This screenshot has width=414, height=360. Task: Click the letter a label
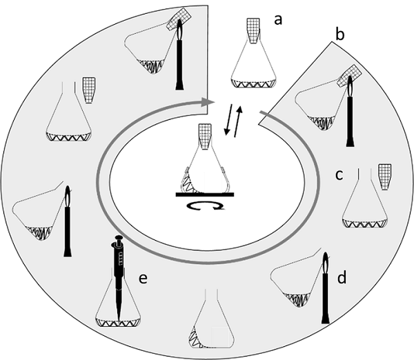point(278,20)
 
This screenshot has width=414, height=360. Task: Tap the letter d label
point(341,278)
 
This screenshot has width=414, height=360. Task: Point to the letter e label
point(143,277)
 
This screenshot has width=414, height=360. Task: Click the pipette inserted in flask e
point(118,276)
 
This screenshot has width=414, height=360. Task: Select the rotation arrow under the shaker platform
point(205,206)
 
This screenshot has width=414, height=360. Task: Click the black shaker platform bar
point(204,194)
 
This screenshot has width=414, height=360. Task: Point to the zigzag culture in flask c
point(365,223)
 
